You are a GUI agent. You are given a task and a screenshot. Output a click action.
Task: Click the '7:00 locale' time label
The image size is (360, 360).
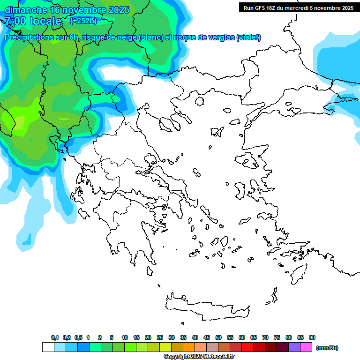[x=33, y=21]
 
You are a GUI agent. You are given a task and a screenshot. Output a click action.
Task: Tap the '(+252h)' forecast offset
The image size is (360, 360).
[x=84, y=21]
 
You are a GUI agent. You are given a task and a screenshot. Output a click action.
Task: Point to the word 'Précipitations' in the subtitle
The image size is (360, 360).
[x=29, y=37]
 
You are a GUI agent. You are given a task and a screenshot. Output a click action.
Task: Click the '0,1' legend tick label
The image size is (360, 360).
[x=55, y=337]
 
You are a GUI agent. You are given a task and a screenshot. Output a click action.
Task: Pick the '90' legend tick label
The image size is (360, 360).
[x=312, y=337]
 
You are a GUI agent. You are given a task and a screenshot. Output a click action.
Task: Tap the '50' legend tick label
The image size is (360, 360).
[x=218, y=337]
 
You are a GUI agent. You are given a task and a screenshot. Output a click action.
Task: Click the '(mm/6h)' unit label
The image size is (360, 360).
[x=327, y=348]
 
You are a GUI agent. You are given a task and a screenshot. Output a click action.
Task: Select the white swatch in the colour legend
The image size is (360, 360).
[x=48, y=347]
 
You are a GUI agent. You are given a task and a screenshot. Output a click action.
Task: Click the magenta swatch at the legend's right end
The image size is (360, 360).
[x=306, y=347]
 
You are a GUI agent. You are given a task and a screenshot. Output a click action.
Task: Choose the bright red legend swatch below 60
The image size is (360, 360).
[x=247, y=347]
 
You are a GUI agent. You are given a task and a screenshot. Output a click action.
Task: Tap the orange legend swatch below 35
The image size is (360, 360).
[x=189, y=347]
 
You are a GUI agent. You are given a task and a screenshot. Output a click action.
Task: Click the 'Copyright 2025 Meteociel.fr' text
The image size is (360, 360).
[x=199, y=357]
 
